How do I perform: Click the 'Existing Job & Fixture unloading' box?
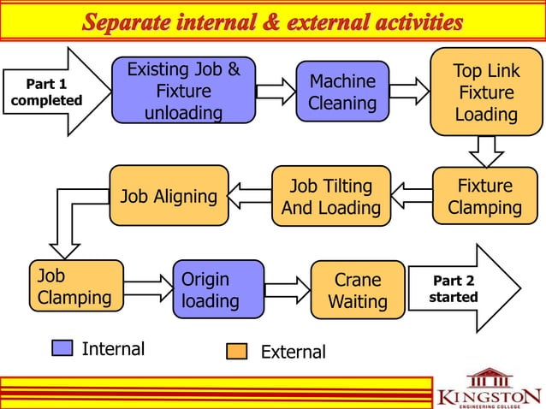tap(183, 92)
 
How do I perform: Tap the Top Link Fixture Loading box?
tap(486, 92)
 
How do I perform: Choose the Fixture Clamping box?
tap(485, 197)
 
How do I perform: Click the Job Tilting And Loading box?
tap(330, 197)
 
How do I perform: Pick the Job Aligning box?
tap(169, 196)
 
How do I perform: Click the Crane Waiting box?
tap(358, 290)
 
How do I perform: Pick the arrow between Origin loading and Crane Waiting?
tap(287, 290)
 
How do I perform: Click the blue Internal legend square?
tap(62, 348)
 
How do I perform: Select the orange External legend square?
tap(237, 352)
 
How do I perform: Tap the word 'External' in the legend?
tap(293, 352)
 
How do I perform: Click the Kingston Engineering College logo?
tap(488, 389)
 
